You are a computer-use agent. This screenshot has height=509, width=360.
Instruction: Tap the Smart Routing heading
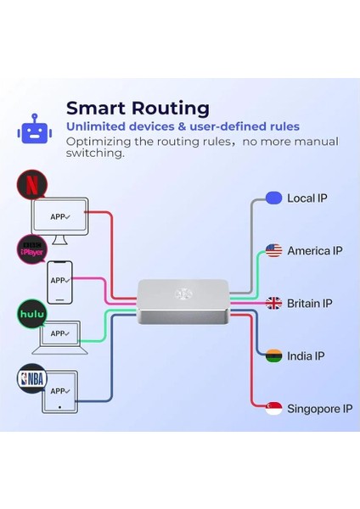coord(138,108)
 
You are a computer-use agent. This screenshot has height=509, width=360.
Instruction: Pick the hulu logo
coord(31,314)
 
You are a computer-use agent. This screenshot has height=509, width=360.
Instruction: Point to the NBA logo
coord(31,378)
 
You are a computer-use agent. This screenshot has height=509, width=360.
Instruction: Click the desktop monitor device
coord(59,219)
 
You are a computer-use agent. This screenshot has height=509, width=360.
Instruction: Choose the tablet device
coord(59,393)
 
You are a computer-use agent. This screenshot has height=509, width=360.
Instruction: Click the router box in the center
coord(183,302)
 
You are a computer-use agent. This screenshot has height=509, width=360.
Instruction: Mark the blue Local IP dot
coord(273,198)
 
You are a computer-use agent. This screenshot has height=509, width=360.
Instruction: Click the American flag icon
coord(273,250)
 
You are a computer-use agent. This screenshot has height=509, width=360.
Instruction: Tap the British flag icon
coord(273,303)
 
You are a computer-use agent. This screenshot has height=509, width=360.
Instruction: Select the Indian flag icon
coord(273,355)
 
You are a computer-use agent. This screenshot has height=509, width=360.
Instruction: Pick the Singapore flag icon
coord(273,408)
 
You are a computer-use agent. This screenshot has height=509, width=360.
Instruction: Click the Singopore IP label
coord(319,408)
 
